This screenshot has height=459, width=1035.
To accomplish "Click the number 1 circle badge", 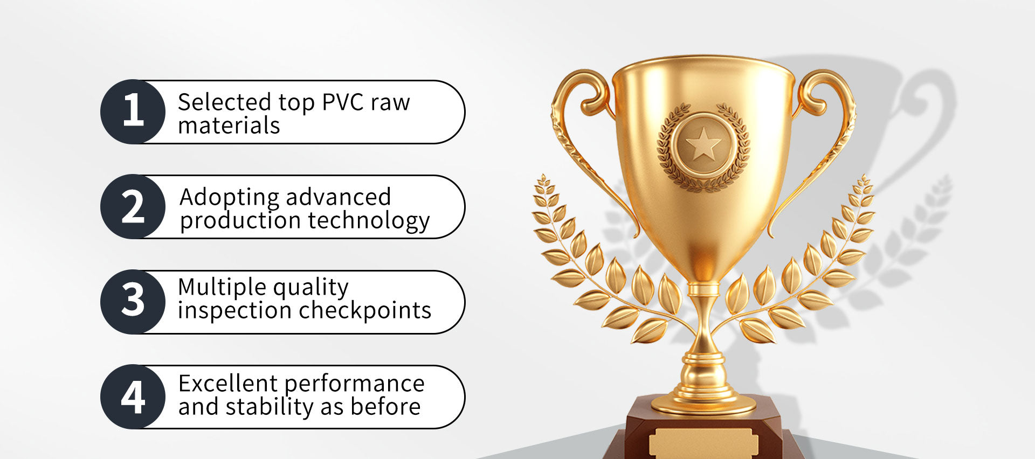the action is [133, 112].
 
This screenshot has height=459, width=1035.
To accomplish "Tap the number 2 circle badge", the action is [133, 206].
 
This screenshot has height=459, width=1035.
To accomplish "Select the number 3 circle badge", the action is [133, 302].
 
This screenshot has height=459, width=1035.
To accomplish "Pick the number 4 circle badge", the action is [133, 397].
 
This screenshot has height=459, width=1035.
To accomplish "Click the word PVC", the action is [335, 102].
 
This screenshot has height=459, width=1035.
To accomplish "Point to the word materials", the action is [229, 126].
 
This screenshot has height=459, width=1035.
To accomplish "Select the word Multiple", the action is [220, 288].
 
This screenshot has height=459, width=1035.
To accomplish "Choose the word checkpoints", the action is [365, 310].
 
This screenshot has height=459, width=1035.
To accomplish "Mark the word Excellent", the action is [228, 384].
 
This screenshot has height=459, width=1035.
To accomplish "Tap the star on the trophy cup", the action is [703, 144].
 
